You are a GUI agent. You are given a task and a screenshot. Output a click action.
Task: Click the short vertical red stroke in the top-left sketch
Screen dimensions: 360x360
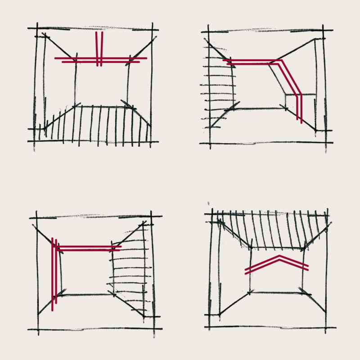(99, 45)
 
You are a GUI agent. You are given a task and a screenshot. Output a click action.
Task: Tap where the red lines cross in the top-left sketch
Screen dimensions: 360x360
(99, 59)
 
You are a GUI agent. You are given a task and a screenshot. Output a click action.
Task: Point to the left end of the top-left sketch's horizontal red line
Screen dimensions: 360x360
(56, 59)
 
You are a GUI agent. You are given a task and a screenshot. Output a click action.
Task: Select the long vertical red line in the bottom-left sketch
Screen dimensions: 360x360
(54, 274)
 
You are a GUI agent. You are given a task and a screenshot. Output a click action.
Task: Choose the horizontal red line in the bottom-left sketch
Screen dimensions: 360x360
(88, 247)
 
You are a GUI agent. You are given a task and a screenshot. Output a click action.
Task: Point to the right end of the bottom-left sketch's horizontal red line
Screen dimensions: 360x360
(121, 247)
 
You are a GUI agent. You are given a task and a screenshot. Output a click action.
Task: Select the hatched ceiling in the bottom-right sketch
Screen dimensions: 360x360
(274, 229)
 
